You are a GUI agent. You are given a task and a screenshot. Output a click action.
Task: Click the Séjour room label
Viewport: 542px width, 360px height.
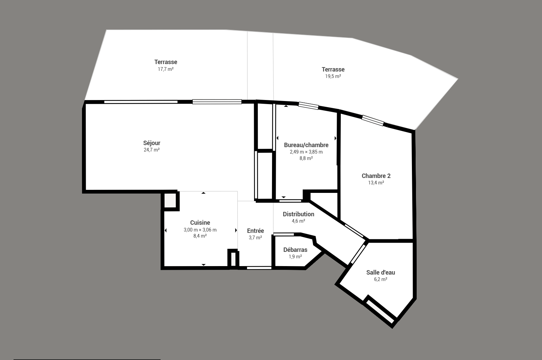152,143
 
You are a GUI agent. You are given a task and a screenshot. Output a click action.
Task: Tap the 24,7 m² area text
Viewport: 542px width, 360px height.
152,150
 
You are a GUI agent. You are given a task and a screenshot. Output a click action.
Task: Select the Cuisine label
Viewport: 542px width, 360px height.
200,222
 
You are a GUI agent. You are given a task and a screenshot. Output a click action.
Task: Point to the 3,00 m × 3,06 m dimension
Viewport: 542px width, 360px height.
200,230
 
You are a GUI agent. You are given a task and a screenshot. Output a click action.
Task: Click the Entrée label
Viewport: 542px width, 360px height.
255,231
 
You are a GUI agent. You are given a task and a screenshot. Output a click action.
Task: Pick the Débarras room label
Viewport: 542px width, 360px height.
295,249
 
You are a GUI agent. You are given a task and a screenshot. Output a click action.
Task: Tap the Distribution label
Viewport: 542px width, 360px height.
298,214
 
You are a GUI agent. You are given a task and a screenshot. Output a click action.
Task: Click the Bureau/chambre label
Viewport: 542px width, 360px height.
306,145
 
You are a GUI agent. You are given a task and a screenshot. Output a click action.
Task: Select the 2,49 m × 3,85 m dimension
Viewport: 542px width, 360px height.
306,152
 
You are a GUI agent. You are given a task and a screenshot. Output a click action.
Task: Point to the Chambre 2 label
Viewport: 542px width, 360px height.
376,176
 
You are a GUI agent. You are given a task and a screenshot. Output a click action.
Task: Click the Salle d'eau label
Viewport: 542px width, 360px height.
381,272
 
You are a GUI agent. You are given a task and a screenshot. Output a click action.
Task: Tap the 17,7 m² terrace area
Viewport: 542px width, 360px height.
166,69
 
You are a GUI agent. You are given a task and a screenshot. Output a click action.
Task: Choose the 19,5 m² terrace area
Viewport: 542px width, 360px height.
333,76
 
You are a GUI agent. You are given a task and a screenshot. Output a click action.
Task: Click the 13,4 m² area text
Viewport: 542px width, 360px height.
376,182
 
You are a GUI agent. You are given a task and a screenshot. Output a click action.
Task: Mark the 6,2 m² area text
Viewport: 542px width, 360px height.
381,279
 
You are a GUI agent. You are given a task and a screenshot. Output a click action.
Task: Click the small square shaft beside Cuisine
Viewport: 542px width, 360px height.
170,200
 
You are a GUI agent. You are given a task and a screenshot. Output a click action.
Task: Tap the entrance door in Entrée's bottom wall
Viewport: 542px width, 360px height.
259,268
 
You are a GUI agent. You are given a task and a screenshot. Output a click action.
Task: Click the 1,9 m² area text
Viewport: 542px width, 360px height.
295,256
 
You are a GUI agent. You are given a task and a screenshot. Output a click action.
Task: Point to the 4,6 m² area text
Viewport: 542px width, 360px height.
298,221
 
